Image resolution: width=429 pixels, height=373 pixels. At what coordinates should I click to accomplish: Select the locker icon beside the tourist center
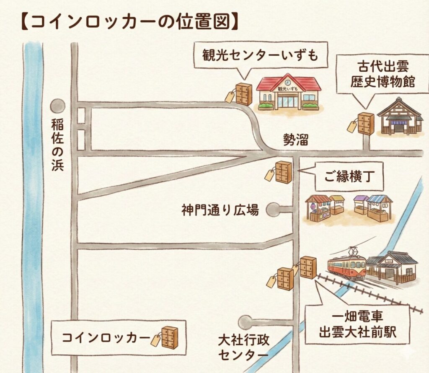point(243,94)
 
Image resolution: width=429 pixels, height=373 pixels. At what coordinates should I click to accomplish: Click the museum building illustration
point(400,118)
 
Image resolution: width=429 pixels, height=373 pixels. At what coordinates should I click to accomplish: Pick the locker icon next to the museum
point(365,124)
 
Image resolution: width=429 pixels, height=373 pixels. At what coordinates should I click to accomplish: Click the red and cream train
point(346,267)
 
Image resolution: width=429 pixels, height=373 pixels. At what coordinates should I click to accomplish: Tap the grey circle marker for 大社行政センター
point(245,322)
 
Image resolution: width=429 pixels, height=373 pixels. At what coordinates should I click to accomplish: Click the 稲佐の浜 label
point(57,145)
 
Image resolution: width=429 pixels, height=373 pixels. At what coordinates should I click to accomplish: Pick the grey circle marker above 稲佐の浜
point(57,106)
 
